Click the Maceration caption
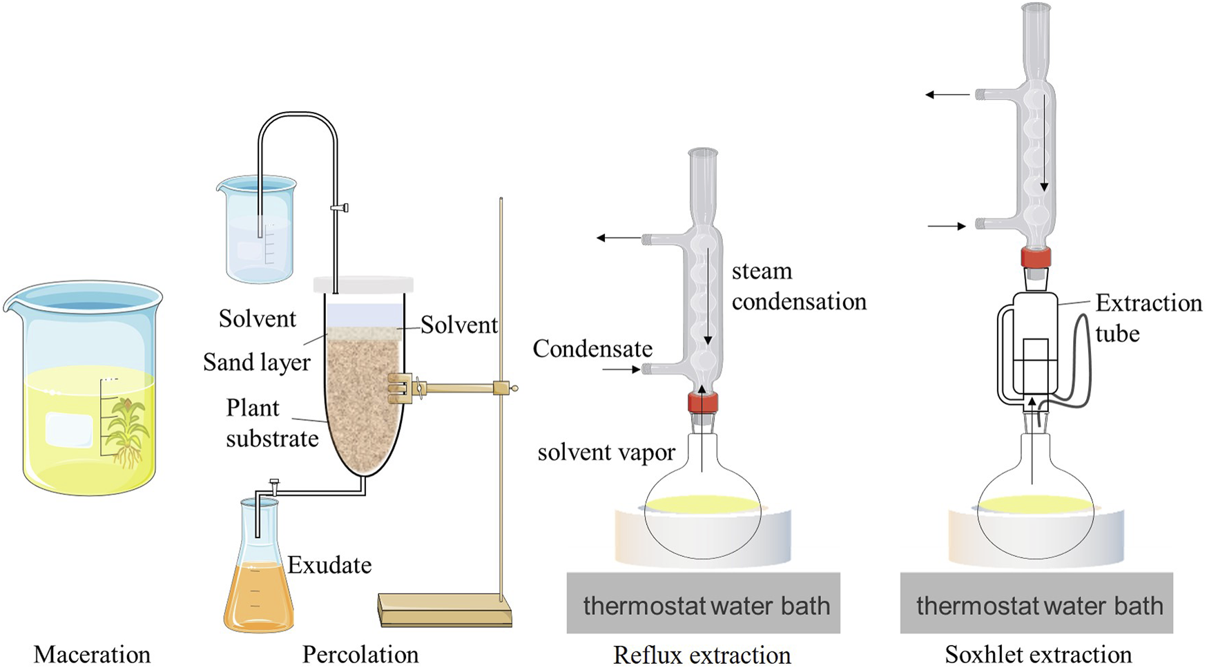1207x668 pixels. (92, 654)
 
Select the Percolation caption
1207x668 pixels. (360, 654)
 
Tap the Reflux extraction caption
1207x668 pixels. (702, 654)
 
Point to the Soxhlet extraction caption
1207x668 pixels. (1039, 654)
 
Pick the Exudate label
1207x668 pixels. (329, 565)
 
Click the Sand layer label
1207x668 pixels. (257, 362)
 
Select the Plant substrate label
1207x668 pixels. (272, 423)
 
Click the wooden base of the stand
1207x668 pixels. (445, 609)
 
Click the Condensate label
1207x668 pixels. (592, 349)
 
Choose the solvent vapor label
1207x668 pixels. (606, 452)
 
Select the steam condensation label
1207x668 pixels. (799, 286)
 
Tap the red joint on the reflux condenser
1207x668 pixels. (702, 402)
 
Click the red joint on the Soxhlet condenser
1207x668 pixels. (1036, 258)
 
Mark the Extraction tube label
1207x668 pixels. (1148, 318)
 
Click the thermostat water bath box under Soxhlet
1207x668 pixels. (1036, 602)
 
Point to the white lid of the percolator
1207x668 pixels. (363, 285)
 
